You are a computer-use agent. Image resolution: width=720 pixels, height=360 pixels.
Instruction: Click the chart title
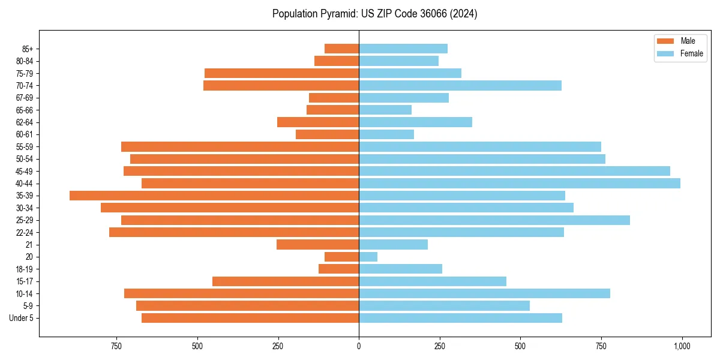374,14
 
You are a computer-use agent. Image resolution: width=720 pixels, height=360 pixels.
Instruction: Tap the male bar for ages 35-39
214,196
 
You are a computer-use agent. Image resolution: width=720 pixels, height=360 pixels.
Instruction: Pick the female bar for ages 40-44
520,184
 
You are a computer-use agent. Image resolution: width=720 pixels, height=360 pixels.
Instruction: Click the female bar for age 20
368,257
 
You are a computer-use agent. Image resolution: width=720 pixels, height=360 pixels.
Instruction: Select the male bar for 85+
342,49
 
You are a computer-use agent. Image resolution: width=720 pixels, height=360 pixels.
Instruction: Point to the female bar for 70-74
460,85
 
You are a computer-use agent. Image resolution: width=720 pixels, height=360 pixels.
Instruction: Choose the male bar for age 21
318,245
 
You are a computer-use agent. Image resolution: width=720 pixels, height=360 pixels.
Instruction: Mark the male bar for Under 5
250,318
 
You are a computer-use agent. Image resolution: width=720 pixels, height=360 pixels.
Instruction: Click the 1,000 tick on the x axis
682,346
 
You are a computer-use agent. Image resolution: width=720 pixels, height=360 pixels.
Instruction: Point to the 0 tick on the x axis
359,346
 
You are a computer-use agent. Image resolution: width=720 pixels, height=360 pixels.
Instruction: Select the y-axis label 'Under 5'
21,318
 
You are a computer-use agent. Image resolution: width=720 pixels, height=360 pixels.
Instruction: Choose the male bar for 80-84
337,61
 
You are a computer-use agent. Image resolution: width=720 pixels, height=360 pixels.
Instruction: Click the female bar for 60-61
386,134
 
